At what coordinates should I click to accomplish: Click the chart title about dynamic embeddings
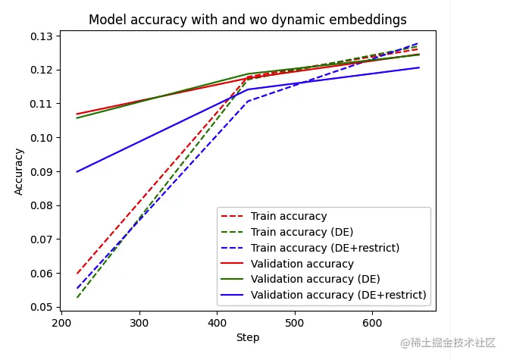tap(248, 20)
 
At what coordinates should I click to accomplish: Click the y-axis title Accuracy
tap(19, 171)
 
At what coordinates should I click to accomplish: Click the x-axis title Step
tap(248, 337)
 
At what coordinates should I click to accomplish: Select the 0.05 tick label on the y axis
tap(42, 307)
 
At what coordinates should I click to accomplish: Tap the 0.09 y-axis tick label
tap(42, 172)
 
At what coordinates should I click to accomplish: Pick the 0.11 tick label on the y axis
tap(42, 104)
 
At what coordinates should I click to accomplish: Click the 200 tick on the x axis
tap(61, 321)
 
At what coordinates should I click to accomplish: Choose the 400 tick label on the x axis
tap(218, 321)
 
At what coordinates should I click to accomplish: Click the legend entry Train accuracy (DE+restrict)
tap(325, 248)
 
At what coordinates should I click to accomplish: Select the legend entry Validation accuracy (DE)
tap(315, 279)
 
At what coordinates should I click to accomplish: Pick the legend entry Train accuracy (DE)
tap(302, 232)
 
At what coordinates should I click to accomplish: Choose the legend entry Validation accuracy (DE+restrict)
tap(339, 295)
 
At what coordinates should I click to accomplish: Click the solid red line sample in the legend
tap(233, 264)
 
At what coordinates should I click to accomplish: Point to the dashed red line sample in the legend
tap(233, 217)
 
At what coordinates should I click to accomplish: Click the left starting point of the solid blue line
tap(77, 171)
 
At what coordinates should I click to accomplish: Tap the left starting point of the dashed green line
tap(77, 297)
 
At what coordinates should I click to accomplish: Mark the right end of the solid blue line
tap(419, 67)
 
